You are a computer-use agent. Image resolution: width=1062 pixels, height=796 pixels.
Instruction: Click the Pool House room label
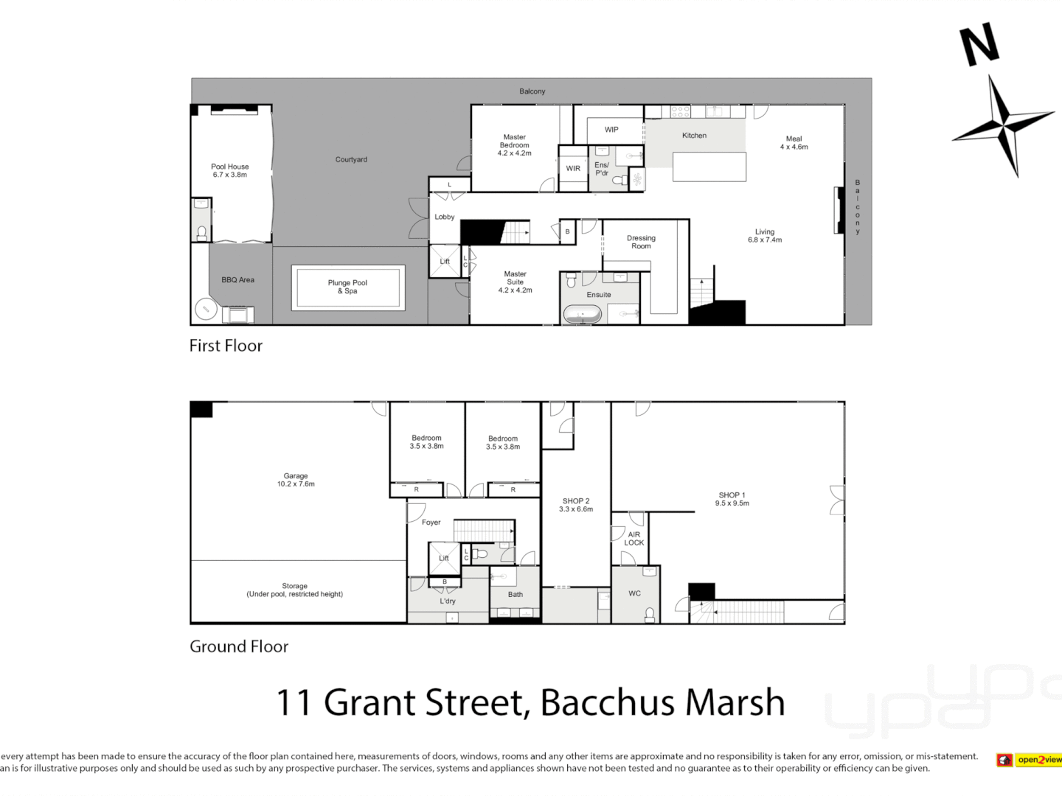click(229, 170)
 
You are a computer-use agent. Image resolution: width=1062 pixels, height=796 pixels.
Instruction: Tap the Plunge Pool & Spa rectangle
click(347, 287)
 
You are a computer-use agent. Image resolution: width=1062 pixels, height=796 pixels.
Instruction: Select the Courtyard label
click(351, 159)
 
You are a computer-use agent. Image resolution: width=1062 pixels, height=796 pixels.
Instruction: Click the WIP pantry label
click(611, 130)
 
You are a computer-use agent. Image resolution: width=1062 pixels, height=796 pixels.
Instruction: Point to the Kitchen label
click(694, 136)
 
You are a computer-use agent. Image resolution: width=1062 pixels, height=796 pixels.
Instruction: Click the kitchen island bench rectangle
click(709, 167)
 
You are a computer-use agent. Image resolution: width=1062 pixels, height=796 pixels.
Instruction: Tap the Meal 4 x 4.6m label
click(794, 143)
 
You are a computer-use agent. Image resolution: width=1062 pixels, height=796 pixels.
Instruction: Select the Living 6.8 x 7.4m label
click(765, 236)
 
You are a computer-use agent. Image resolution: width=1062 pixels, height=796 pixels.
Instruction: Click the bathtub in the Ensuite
click(583, 315)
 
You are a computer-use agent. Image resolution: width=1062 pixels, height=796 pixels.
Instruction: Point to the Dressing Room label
click(641, 242)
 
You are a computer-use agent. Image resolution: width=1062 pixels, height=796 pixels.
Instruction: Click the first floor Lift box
click(445, 262)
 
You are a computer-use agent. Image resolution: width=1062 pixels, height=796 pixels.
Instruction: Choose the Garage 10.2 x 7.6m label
click(296, 480)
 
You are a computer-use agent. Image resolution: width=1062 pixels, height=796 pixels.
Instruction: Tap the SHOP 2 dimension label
click(576, 509)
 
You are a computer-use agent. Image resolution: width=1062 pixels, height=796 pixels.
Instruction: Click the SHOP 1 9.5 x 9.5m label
click(732, 499)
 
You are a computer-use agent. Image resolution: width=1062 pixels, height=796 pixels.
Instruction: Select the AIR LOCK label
click(634, 539)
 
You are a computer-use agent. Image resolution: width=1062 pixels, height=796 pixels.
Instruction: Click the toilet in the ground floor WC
click(650, 614)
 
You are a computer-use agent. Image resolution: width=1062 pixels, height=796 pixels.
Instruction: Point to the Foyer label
click(431, 523)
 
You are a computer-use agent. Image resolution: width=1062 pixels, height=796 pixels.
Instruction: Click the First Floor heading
click(226, 346)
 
